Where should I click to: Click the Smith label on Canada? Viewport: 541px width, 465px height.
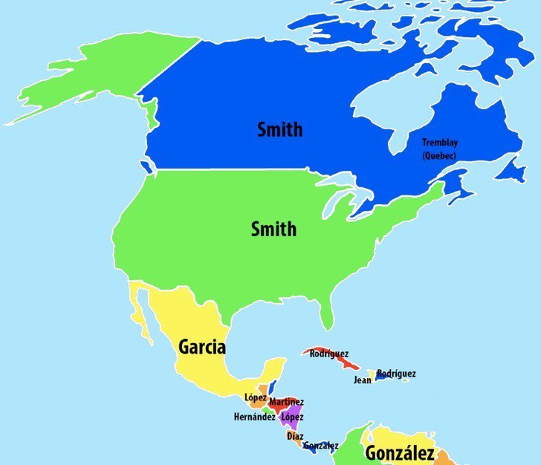pos(279,129)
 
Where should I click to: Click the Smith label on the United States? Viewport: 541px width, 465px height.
pos(273,229)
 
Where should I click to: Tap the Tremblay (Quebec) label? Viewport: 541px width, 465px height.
pos(438,149)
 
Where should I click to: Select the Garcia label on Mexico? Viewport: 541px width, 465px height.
pos(202,347)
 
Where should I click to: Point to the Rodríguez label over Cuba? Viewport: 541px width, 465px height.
pos(329,354)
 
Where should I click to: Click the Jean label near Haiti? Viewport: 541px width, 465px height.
pos(362,380)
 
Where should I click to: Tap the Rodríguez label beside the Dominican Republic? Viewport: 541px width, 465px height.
pos(396,374)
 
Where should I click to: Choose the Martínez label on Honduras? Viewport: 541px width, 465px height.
pos(286,402)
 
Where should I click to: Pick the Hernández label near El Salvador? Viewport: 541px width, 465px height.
pos(255,417)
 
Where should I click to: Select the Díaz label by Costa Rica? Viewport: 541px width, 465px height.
pos(294,436)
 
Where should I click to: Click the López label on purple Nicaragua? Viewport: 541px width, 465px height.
pos(292,417)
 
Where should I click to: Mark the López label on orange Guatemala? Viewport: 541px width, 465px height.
pos(255,397)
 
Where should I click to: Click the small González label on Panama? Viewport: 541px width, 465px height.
pos(320,446)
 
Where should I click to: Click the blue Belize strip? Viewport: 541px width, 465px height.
pos(273,388)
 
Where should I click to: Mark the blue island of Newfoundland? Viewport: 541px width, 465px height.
pos(511,169)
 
